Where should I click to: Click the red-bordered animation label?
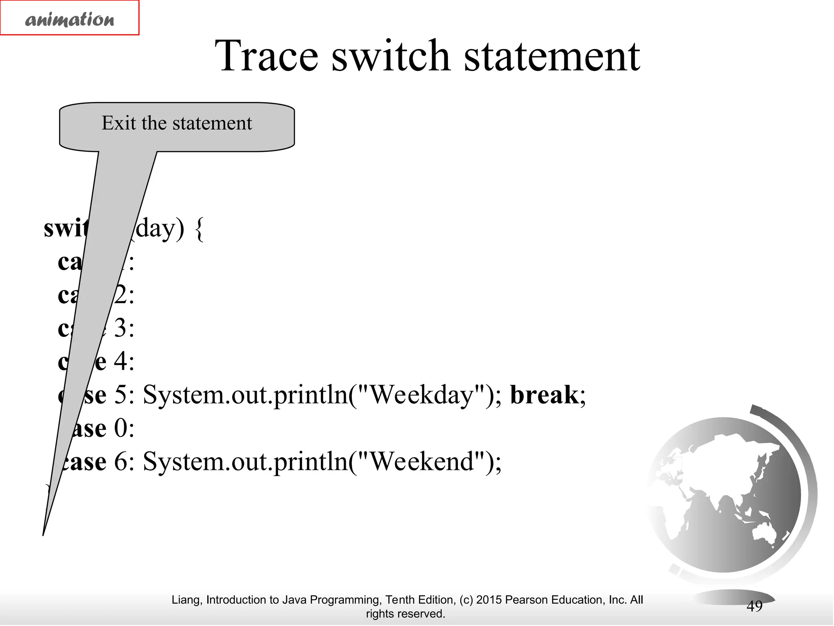point(70,18)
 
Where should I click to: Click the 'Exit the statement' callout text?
point(177,123)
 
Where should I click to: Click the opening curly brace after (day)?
point(200,229)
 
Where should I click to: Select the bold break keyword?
point(544,395)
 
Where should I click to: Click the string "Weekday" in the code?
point(422,395)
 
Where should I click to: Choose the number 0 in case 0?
point(120,428)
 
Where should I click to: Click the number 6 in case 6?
point(120,462)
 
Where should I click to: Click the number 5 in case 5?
point(120,395)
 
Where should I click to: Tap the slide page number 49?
point(754,606)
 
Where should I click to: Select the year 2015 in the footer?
point(489,600)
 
